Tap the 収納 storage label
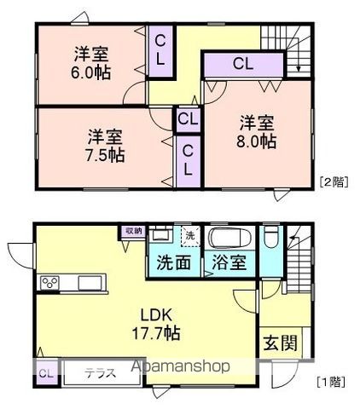tap(134, 231)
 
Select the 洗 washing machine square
tap(190, 234)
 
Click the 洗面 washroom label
tap(173, 262)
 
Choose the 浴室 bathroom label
tap(230, 262)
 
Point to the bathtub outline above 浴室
tap(229, 237)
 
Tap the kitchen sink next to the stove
tap(89, 282)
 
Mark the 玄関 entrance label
tap(279, 343)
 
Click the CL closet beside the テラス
tap(45, 372)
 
